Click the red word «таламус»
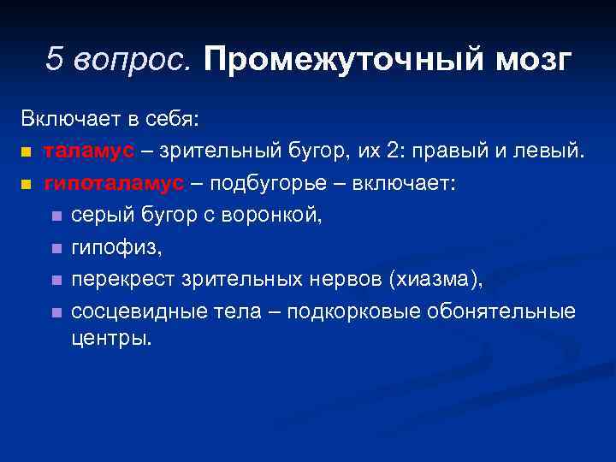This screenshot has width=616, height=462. (x=89, y=151)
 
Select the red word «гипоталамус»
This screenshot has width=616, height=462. (x=114, y=183)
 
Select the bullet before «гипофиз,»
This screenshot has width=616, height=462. (x=56, y=249)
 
